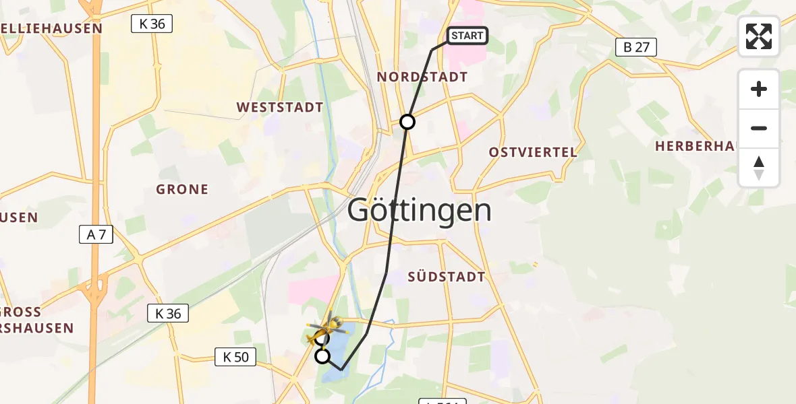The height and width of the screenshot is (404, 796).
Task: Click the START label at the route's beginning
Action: (467, 36)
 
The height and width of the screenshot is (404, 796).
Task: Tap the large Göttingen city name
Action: (419, 211)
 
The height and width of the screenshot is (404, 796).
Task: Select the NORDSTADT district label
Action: (422, 77)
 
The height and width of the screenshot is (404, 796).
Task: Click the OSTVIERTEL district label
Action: (534, 152)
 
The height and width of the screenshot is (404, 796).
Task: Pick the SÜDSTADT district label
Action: (447, 277)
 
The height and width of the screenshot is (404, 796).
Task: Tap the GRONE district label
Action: (182, 189)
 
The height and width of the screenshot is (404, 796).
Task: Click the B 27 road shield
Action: (636, 47)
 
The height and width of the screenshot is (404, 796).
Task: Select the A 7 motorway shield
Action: (96, 234)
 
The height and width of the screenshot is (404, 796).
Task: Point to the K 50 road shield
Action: (235, 357)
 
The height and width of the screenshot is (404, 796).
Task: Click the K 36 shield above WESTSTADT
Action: (152, 24)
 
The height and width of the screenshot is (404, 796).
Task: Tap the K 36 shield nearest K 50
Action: (168, 313)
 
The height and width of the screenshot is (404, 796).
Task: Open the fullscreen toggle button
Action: (759, 36)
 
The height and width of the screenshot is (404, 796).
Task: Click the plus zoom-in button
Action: (759, 90)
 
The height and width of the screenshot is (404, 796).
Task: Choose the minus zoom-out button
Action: (759, 128)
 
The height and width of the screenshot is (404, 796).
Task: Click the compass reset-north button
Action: (759, 167)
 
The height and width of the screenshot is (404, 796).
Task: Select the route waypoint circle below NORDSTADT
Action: (407, 122)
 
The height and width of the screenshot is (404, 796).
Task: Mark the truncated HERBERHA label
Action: (694, 146)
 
